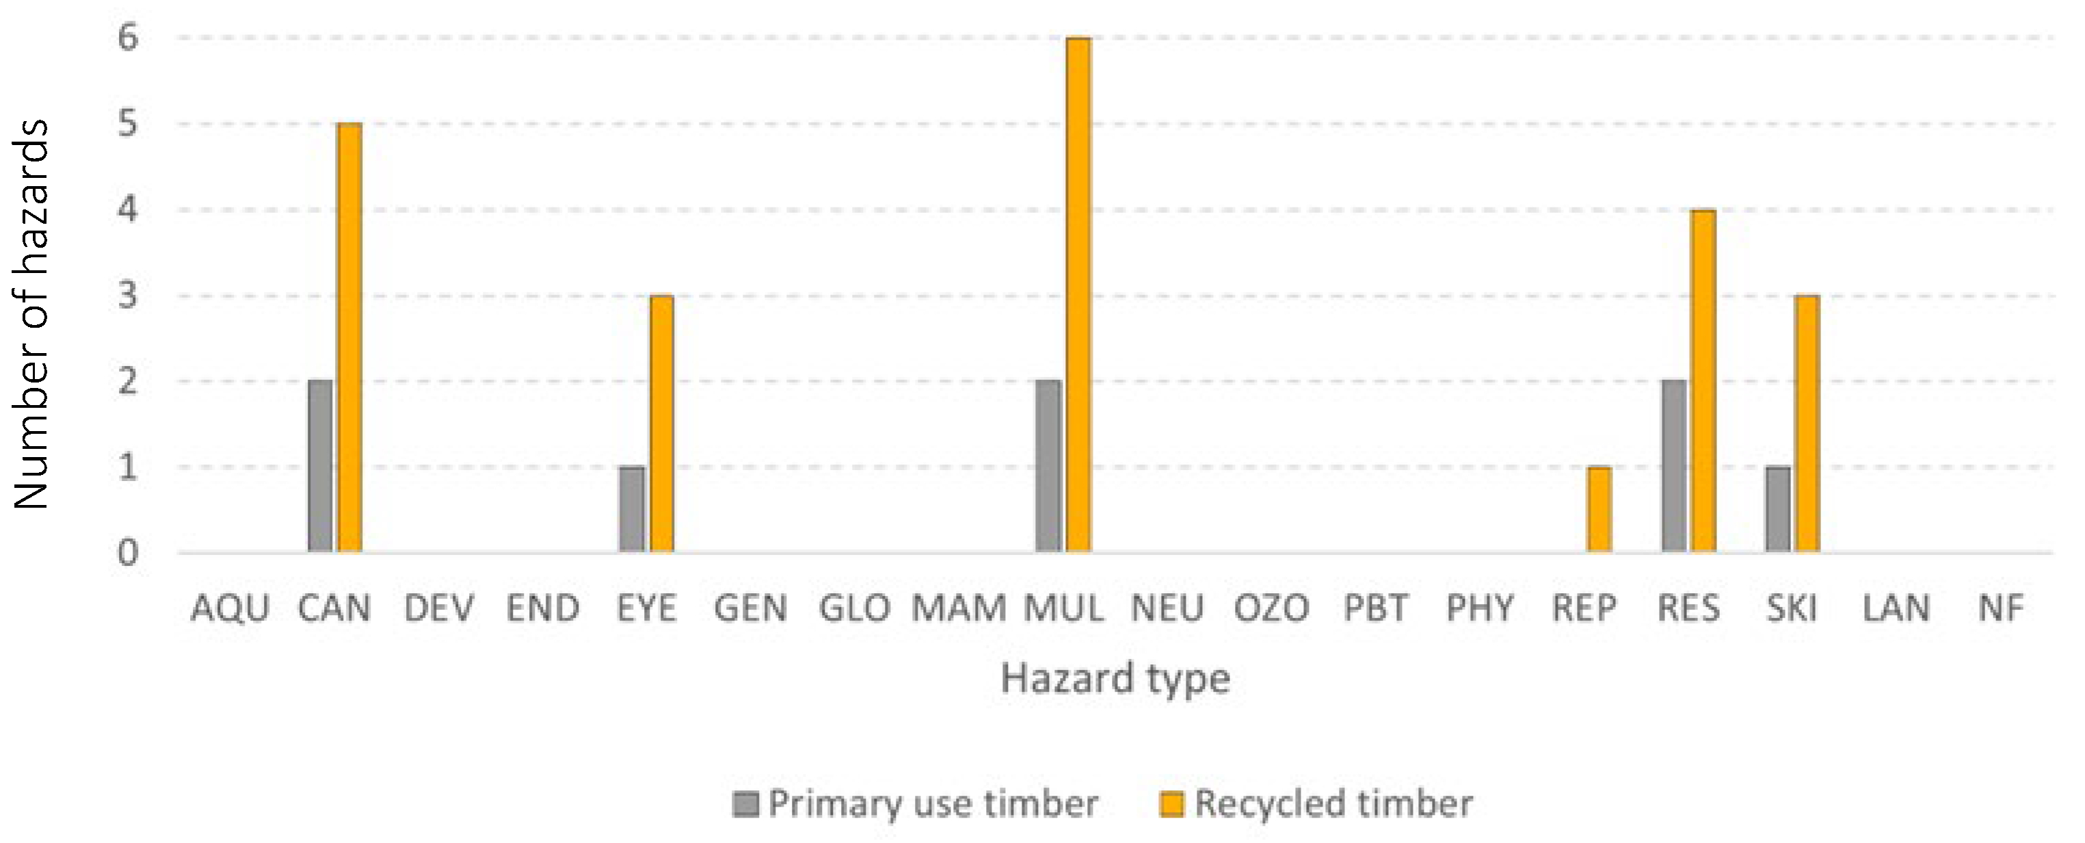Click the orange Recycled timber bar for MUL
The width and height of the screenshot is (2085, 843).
[x=1078, y=296]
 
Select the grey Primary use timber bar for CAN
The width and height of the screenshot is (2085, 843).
[x=320, y=467]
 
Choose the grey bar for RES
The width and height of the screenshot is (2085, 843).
[x=1674, y=467]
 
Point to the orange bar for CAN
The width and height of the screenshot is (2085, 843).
[x=349, y=338]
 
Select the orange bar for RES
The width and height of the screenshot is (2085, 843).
[x=1703, y=380]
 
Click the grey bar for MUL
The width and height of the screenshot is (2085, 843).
[x=1048, y=467]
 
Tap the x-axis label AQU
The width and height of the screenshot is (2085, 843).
[x=230, y=608]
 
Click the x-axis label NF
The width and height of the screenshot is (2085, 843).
[x=2001, y=608]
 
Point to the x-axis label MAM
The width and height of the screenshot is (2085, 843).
[x=959, y=608]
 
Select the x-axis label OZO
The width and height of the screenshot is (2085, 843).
[x=1271, y=608]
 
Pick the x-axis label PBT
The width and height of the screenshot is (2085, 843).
[x=1375, y=608]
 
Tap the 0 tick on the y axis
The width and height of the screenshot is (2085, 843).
[x=128, y=553]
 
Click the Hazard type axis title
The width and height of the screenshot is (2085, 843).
[x=1115, y=679]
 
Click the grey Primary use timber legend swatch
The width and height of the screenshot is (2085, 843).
[x=745, y=804]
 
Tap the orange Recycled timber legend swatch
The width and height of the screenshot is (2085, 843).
[x=1171, y=804]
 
